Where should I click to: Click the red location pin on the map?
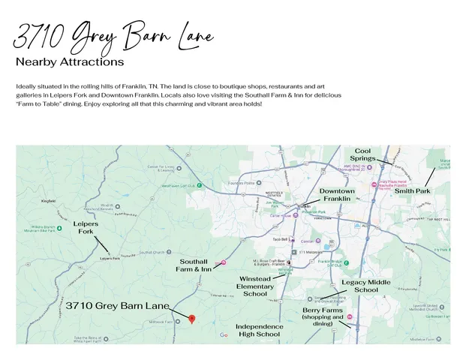(191, 319)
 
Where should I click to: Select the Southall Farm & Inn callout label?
(194, 265)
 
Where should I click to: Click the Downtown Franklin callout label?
(337, 195)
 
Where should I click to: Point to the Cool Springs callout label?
(362, 155)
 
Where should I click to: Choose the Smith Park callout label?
(413, 191)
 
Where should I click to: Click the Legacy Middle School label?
(365, 286)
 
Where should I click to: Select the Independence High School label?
(260, 331)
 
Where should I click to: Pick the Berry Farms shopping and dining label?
(323, 316)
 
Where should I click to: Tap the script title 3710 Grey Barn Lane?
(113, 35)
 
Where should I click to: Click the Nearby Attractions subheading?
(70, 61)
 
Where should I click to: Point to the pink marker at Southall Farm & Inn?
(224, 263)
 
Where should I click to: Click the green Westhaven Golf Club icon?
(200, 185)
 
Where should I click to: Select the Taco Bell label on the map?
(280, 239)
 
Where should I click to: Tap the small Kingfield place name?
(49, 201)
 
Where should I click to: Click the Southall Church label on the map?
(152, 251)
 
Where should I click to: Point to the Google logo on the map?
(224, 335)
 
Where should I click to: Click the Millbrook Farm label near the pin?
(161, 322)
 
